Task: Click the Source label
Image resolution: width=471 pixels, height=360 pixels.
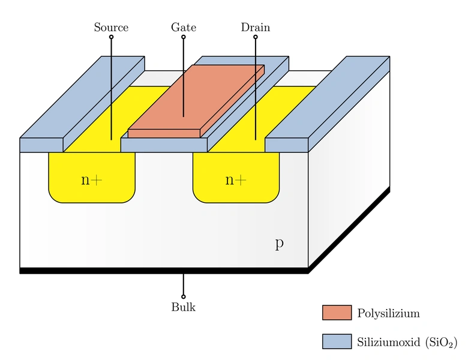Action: [111, 28]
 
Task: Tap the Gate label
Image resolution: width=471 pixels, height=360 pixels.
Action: [184, 28]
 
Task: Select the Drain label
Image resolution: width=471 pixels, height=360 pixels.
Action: [256, 28]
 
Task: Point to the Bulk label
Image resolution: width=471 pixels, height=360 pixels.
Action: [184, 308]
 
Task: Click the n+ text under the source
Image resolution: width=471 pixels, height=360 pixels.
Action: [92, 179]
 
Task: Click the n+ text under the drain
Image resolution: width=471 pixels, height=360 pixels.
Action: [236, 179]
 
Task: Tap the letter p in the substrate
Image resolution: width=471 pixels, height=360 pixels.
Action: [279, 244]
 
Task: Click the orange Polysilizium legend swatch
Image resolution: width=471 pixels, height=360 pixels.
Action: [336, 313]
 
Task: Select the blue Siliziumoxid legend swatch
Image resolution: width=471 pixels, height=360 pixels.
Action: [336, 341]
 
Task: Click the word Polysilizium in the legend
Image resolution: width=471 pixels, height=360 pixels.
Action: [388, 313]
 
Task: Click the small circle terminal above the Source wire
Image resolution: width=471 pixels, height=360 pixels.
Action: [111, 37]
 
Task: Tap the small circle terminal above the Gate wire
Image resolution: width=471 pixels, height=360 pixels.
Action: [184, 37]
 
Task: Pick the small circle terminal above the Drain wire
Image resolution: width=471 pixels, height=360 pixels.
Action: [256, 37]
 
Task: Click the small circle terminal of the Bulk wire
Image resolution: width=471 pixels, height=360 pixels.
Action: [184, 296]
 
